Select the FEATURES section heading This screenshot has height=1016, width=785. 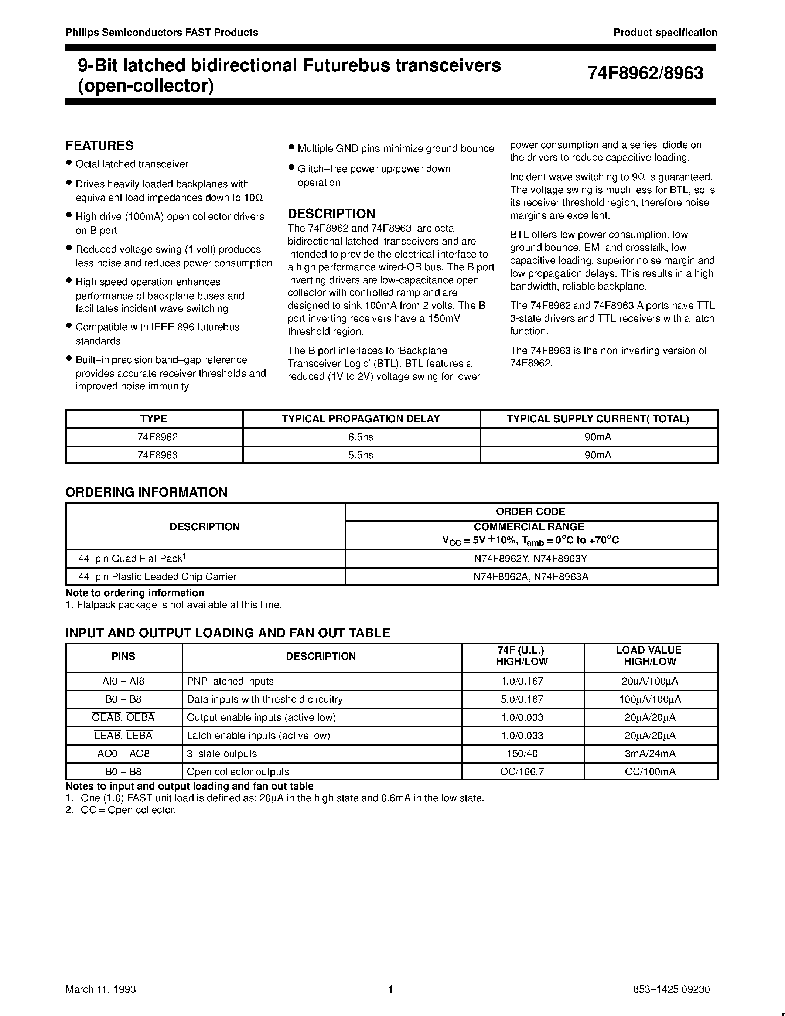[x=99, y=146]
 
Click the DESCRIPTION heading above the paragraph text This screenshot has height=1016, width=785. [x=331, y=214]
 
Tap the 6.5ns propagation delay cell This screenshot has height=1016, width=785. [x=361, y=437]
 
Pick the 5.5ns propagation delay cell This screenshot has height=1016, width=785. [x=361, y=455]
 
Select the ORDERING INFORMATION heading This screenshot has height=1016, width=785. [x=146, y=492]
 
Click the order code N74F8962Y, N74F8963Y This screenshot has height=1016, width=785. [x=530, y=558]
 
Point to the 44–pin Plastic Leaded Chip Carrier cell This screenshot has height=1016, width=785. [x=157, y=576]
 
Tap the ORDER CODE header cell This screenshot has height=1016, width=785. [x=530, y=511]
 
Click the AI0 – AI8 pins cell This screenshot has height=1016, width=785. [x=123, y=681]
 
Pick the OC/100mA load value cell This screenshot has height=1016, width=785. [x=650, y=771]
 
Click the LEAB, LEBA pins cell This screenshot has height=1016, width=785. [x=123, y=736]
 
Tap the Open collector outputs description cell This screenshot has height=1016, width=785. [x=238, y=771]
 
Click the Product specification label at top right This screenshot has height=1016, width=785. [x=665, y=33]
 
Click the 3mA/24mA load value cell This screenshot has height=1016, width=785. [x=650, y=753]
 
